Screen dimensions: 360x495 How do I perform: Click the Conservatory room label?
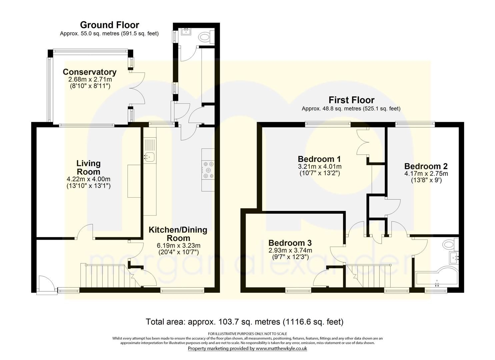pos(89,72)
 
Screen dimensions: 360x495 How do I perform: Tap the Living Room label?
pos(88,167)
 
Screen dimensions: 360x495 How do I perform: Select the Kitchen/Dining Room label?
pos(178,234)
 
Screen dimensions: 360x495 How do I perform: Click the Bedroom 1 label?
pos(319,159)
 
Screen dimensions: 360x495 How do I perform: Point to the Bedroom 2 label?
pos(426,166)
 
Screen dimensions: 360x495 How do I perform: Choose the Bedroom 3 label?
pos(290,243)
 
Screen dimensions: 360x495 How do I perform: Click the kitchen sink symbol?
pos(149,156)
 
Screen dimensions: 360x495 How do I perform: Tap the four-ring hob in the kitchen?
pos(208,170)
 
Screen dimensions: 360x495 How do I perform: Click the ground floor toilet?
pos(206,37)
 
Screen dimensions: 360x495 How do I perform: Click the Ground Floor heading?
pos(109,25)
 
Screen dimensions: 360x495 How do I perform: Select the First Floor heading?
pos(351,100)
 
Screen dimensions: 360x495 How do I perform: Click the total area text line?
pos(244,322)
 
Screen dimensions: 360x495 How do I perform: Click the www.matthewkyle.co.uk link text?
pos(281,348)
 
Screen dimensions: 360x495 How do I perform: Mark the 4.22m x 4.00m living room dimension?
pos(88,179)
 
